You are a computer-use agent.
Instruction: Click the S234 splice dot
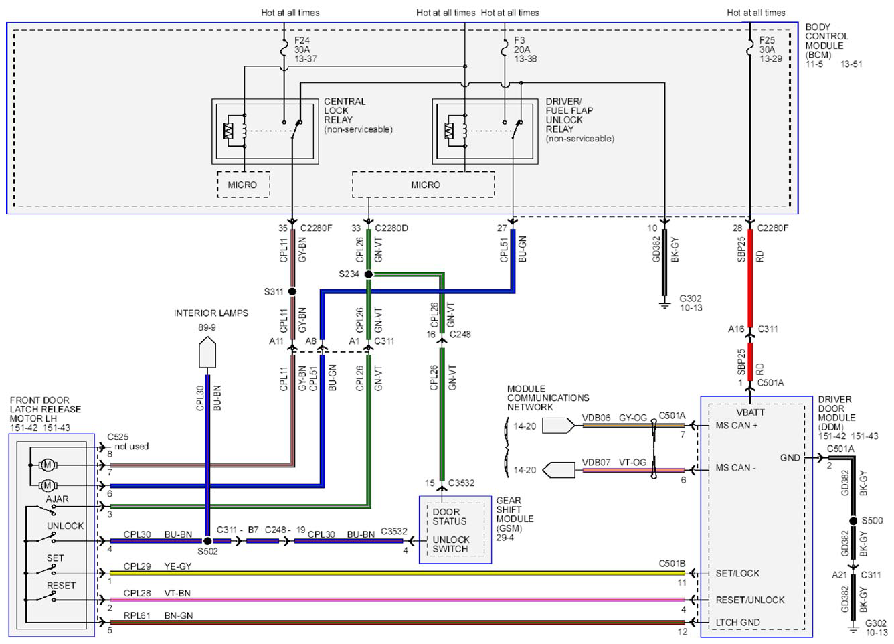click(x=369, y=274)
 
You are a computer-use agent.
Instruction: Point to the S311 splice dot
click(x=292, y=291)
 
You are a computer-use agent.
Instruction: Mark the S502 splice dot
click(x=207, y=541)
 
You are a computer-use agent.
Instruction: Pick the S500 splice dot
click(x=853, y=521)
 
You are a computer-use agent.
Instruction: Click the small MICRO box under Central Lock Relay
click(x=243, y=185)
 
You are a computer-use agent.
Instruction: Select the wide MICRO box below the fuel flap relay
click(x=424, y=185)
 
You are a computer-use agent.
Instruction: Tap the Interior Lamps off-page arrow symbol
click(x=207, y=352)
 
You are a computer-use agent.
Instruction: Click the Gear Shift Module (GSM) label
click(x=515, y=519)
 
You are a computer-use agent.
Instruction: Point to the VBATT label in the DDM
click(x=750, y=412)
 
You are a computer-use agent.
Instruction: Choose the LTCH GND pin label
click(x=737, y=622)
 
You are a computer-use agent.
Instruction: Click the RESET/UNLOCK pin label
click(x=750, y=600)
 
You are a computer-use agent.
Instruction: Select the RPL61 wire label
click(x=137, y=615)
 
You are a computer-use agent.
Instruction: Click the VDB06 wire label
click(x=596, y=418)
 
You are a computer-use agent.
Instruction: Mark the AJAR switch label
click(x=57, y=499)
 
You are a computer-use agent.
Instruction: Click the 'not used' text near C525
click(x=131, y=446)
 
